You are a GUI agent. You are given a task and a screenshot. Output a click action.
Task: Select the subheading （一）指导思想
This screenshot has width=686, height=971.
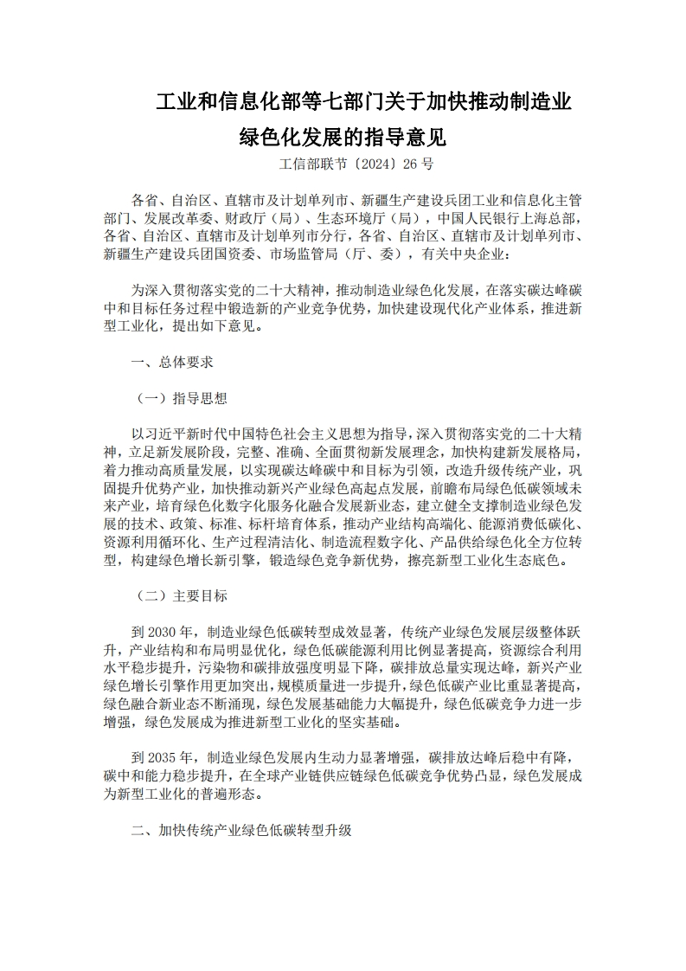pos(183,398)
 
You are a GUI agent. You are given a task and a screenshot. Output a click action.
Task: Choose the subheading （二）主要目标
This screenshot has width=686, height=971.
pos(183,595)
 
